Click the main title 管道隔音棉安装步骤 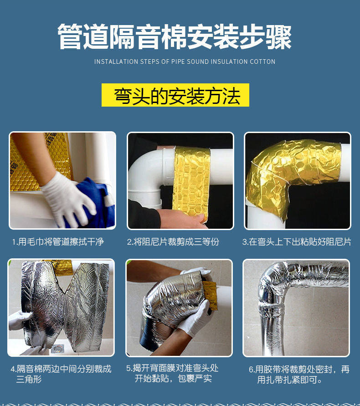(x=175, y=36)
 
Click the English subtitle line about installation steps (x=185, y=62)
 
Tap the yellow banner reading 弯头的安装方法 (x=175, y=95)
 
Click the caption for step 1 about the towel (x=58, y=242)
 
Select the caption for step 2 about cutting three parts (x=173, y=242)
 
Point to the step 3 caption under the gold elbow (x=297, y=242)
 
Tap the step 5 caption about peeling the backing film (x=173, y=373)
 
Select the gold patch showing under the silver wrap (x=210, y=295)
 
